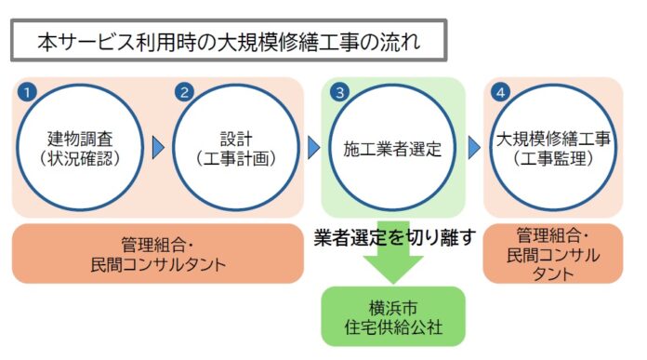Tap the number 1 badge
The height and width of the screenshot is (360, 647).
(x=30, y=92)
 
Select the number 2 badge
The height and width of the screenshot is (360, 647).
(x=184, y=92)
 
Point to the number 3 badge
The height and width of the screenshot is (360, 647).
(x=341, y=92)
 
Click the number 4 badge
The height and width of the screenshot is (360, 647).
(x=502, y=92)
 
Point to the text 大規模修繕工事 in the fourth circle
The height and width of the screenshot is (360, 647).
(x=552, y=140)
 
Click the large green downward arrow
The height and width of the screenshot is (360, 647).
(x=392, y=265)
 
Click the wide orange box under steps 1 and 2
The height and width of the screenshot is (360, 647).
(x=158, y=253)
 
